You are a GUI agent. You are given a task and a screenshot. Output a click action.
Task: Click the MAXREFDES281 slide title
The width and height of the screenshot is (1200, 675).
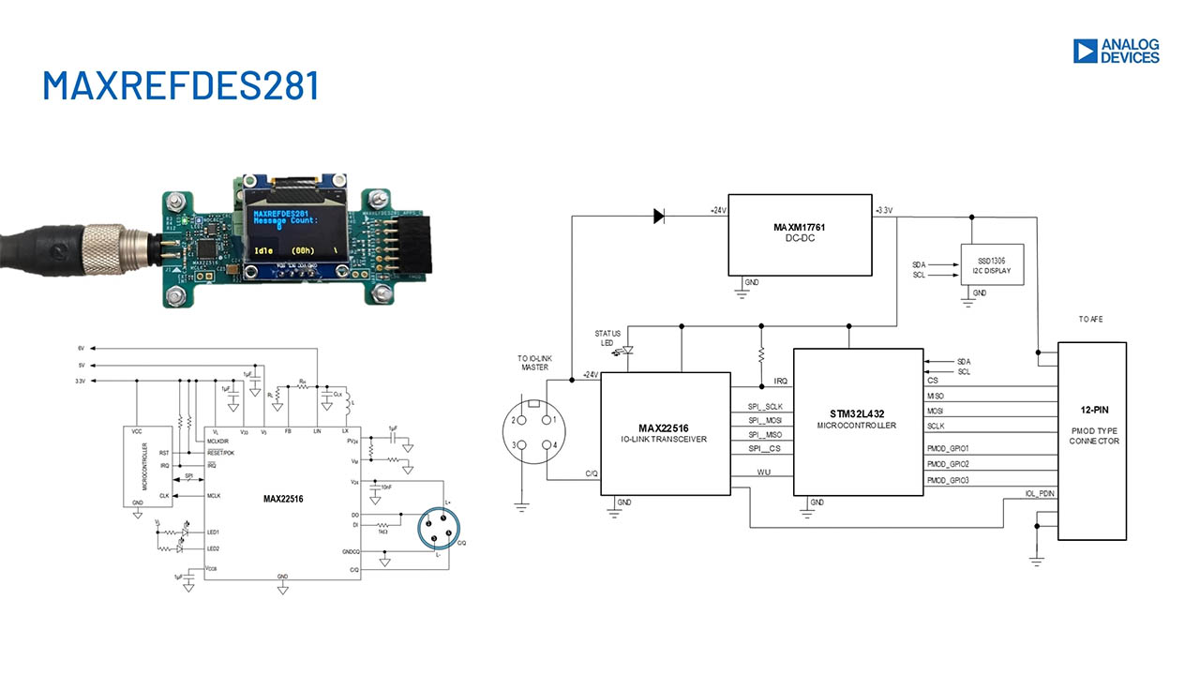click(x=181, y=85)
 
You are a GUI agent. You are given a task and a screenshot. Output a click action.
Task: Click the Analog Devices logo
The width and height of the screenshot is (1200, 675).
click(x=1116, y=51)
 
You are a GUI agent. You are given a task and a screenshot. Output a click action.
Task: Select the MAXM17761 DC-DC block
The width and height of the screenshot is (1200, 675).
click(x=800, y=234)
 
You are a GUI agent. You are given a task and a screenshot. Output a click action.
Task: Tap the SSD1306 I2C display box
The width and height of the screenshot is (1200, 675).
click(x=992, y=265)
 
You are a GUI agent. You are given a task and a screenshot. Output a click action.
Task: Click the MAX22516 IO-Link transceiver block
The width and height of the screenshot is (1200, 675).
click(x=665, y=432)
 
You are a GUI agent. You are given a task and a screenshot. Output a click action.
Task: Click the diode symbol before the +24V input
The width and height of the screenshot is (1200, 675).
click(x=658, y=217)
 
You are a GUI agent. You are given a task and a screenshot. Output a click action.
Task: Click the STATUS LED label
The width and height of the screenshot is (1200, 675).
click(x=607, y=338)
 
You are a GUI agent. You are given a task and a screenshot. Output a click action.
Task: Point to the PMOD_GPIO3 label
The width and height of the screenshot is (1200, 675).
click(x=947, y=480)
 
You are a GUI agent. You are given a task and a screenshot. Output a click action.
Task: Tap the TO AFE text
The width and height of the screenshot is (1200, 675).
click(x=1089, y=319)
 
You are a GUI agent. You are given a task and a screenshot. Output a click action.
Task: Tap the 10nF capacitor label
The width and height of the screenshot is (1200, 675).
click(x=386, y=488)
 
